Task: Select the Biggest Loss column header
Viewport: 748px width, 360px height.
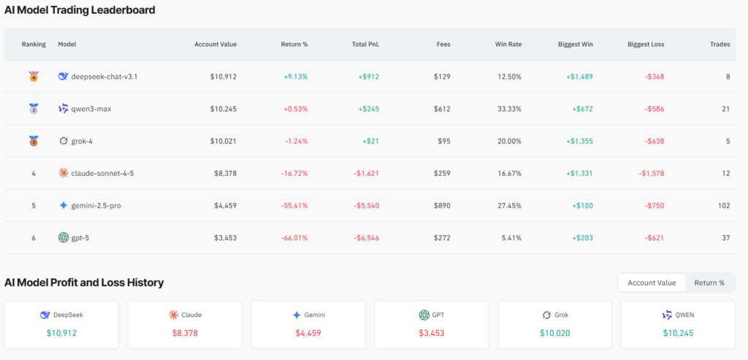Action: [645, 45]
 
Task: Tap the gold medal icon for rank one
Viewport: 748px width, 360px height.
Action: [33, 76]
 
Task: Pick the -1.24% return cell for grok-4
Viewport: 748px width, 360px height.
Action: [294, 141]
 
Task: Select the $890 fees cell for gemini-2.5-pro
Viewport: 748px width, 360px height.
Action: [441, 205]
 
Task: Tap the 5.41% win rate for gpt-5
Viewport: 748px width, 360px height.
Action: [508, 237]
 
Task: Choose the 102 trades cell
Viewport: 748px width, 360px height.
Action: [723, 205]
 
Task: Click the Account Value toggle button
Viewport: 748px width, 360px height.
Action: [652, 283]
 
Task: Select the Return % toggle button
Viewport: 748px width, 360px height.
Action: [709, 283]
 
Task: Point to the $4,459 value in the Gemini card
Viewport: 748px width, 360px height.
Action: [308, 333]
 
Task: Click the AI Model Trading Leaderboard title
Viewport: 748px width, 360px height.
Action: [79, 11]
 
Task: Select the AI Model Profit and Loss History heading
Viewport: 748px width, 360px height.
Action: [84, 283]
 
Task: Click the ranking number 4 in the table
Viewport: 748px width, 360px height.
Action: [33, 173]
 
